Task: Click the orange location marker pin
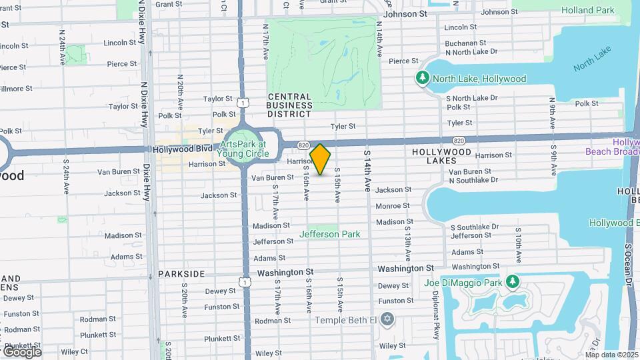(321, 159)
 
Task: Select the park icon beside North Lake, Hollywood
(422, 79)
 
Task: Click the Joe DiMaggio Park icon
(513, 281)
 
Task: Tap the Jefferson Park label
(330, 234)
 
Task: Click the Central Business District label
(290, 101)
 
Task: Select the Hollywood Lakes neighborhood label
(443, 156)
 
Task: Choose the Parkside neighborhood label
(181, 274)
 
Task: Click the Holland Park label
(587, 11)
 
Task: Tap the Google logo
(22, 351)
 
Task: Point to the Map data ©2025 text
(611, 355)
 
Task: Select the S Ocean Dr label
(628, 267)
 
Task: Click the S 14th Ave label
(367, 171)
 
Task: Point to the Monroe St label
(392, 207)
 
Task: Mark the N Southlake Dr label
(474, 180)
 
